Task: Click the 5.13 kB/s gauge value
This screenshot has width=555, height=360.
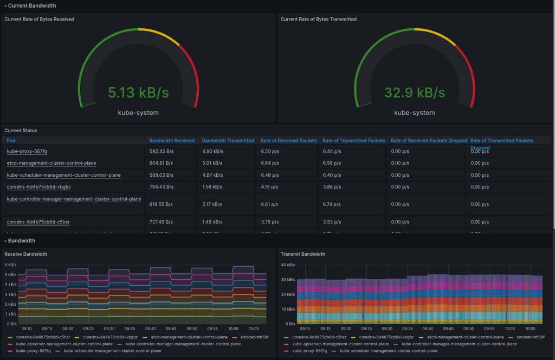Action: [x=139, y=93]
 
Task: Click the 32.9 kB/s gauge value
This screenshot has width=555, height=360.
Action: [x=415, y=93]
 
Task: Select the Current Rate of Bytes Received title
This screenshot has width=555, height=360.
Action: [x=40, y=19]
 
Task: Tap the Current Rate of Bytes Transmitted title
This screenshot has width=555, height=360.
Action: [x=319, y=19]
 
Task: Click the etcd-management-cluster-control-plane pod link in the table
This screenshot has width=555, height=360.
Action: [x=51, y=163]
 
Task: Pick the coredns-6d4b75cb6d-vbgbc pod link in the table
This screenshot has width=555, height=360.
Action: [x=39, y=187]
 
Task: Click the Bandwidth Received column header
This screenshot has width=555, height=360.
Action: [x=172, y=140]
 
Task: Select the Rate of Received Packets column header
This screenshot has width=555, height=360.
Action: [x=287, y=140]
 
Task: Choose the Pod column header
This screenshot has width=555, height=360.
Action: [x=11, y=140]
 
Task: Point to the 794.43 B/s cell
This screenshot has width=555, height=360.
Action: [x=161, y=187]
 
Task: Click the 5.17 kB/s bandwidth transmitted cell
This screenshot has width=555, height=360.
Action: [x=212, y=204]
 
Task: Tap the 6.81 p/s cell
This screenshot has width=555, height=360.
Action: [x=269, y=204]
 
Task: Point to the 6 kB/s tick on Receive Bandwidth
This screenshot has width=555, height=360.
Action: [x=10, y=265]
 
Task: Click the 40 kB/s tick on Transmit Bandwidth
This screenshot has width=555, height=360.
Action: [x=288, y=265]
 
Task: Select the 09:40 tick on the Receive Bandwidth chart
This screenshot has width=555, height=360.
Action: [x=151, y=329]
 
